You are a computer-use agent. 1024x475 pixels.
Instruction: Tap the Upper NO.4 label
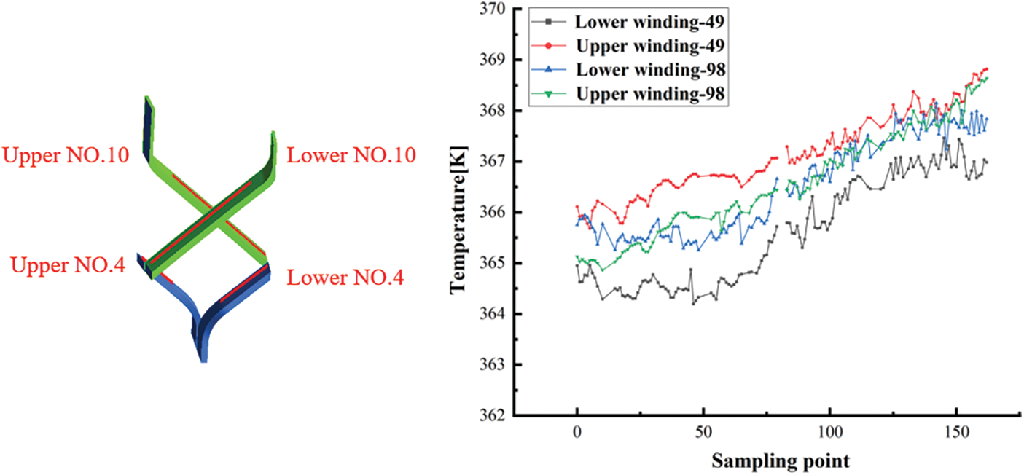68,265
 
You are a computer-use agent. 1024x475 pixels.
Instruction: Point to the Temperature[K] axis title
458,212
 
